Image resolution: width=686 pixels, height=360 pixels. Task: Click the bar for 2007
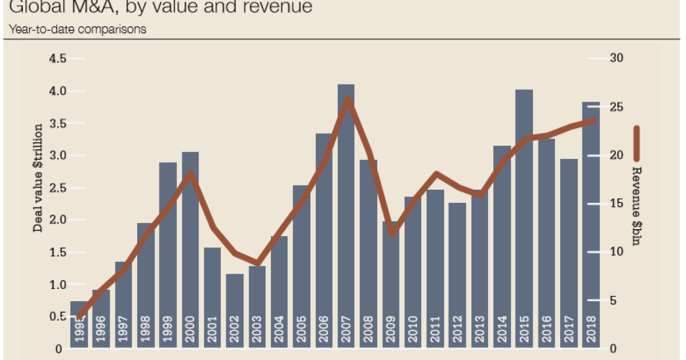(x=346, y=217)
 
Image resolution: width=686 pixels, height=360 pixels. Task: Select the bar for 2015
(x=524, y=217)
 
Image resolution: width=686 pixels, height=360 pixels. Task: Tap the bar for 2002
(x=234, y=309)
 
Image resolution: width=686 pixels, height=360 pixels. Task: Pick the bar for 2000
(x=190, y=246)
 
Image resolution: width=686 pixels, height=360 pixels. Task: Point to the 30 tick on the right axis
(x=617, y=59)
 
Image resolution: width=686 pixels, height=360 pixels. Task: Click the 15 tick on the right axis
(x=617, y=204)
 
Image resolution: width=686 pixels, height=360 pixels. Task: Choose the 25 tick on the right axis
(x=617, y=107)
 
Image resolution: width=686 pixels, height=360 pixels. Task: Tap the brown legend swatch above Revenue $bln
(x=636, y=145)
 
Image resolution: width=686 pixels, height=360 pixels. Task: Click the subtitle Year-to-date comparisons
(x=75, y=29)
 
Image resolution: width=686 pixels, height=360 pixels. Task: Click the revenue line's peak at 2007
(x=347, y=99)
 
